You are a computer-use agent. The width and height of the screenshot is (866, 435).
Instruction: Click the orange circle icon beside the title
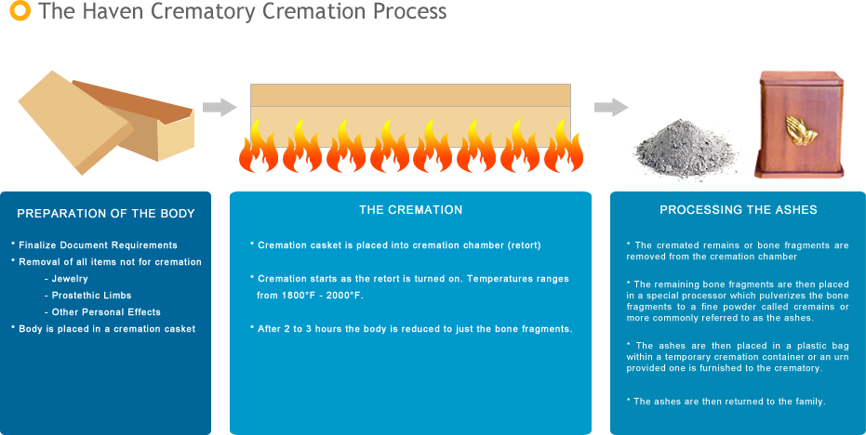click(19, 11)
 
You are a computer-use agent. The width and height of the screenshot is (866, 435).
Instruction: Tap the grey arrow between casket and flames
click(220, 107)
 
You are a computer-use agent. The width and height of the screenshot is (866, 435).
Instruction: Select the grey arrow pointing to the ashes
click(610, 107)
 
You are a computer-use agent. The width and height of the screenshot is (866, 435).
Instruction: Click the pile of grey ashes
click(686, 152)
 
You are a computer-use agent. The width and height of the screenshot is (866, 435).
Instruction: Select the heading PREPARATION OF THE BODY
click(106, 214)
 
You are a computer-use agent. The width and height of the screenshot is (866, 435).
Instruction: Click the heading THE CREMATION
click(410, 210)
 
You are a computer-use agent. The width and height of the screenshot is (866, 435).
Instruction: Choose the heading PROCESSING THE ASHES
click(738, 210)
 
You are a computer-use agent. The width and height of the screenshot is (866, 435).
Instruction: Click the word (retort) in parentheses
click(516, 244)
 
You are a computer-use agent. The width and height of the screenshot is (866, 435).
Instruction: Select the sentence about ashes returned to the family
click(728, 402)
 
